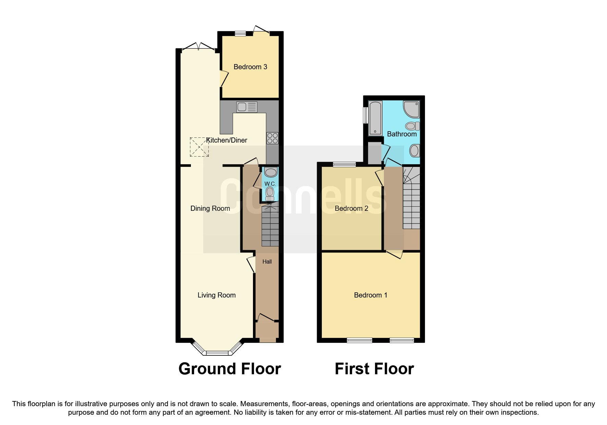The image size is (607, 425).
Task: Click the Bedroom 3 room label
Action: click(x=250, y=67)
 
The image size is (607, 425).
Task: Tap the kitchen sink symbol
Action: click(x=246, y=107)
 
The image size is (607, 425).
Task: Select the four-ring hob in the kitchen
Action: click(x=272, y=138)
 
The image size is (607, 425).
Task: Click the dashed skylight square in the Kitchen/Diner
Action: click(x=199, y=147)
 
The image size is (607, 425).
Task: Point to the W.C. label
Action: click(x=270, y=184)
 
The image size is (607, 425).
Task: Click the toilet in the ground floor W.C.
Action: click(x=270, y=193)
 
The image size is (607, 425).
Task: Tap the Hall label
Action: click(x=267, y=262)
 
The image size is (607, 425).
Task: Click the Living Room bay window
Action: click(x=217, y=352)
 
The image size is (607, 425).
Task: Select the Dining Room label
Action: click(x=210, y=208)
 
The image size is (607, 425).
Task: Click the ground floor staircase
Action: click(x=270, y=226)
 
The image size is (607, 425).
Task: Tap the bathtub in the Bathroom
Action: click(x=375, y=118)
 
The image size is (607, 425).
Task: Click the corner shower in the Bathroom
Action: click(x=411, y=109)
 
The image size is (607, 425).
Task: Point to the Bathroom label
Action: click(x=402, y=134)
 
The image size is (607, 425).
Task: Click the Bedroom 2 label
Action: click(x=351, y=208)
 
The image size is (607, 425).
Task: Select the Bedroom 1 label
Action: click(x=371, y=295)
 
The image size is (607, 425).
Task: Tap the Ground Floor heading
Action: click(x=230, y=369)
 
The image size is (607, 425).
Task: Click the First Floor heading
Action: click(x=374, y=369)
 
